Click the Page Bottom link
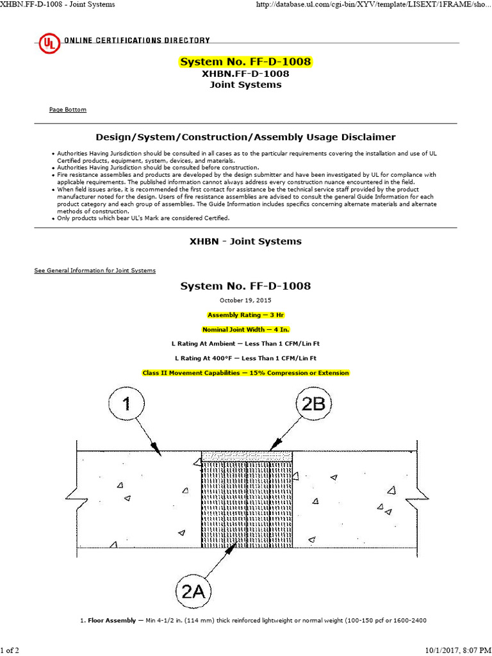click(67, 110)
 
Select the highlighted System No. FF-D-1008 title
click(245, 62)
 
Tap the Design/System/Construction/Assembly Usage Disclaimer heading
click(245, 137)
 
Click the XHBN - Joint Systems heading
click(245, 242)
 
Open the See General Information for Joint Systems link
click(95, 270)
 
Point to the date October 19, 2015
click(245, 300)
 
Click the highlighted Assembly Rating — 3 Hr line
click(245, 315)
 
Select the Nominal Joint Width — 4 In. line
click(245, 329)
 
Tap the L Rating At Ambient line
click(245, 343)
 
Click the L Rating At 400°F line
click(245, 358)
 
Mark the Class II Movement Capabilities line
click(245, 373)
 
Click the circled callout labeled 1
click(126, 404)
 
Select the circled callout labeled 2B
click(312, 404)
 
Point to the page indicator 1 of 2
click(11, 650)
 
